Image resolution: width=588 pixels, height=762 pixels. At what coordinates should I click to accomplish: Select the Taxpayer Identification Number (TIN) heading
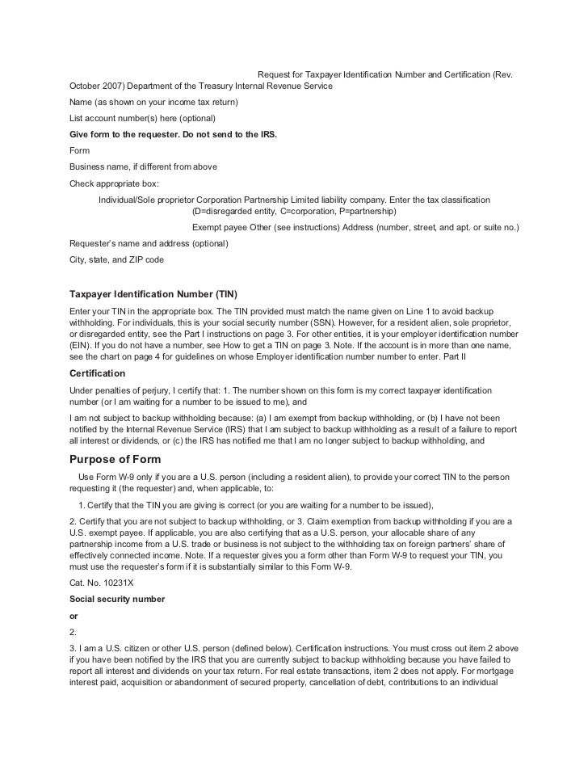click(154, 293)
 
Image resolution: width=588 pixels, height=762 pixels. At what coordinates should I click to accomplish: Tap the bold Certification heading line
click(98, 373)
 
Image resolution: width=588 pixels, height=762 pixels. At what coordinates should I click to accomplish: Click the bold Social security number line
click(118, 599)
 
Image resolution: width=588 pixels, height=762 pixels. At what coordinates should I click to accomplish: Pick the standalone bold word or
click(75, 615)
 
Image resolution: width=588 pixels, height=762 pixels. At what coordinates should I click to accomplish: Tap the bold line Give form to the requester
click(174, 134)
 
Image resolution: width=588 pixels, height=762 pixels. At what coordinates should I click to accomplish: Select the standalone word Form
click(80, 150)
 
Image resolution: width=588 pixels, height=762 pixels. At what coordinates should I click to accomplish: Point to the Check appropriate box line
click(115, 183)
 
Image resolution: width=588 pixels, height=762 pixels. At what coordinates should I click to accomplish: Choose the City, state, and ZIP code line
click(117, 259)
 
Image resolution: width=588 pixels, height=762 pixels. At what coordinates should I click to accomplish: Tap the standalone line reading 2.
click(73, 632)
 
